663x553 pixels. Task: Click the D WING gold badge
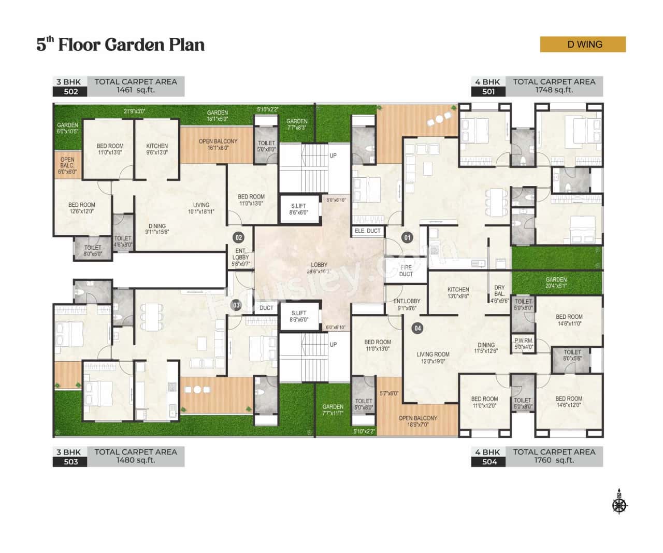[583, 45]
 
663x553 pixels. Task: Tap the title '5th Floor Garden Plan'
[120, 45]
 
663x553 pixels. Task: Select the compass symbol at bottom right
[619, 502]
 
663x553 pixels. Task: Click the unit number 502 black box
[70, 92]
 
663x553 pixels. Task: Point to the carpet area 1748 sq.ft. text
[554, 90]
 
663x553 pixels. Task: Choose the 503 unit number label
[70, 462]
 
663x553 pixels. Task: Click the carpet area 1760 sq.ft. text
[554, 460]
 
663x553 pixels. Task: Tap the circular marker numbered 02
[238, 238]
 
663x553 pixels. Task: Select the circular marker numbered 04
[417, 328]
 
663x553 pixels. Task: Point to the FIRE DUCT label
[406, 271]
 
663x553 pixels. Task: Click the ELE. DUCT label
[367, 231]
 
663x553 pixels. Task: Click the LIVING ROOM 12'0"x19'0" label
[433, 358]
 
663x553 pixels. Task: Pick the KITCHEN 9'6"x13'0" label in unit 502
[157, 149]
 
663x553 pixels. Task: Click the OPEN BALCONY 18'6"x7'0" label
[417, 421]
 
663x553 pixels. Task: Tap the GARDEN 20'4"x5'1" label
[556, 282]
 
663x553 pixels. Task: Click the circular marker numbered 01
[407, 238]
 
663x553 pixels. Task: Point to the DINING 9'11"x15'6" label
[157, 229]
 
